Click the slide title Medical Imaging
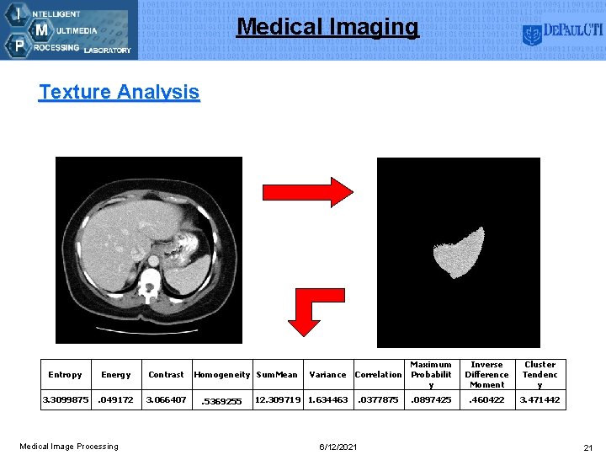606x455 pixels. (327, 27)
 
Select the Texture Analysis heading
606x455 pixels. (119, 92)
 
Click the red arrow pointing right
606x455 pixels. (307, 192)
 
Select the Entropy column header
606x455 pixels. (65, 375)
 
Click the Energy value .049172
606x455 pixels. (116, 399)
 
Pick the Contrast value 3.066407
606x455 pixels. (166, 399)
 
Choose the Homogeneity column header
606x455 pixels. (221, 375)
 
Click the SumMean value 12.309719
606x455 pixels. (276, 399)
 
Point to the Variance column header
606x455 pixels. (327, 375)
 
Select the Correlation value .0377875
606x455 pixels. (378, 399)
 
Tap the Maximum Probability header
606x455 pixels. (431, 375)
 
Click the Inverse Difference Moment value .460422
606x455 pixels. (486, 399)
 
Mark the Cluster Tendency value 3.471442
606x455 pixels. (540, 399)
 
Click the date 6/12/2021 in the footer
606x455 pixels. (338, 446)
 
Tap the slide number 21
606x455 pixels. (587, 446)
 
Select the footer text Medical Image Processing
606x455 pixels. (69, 446)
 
